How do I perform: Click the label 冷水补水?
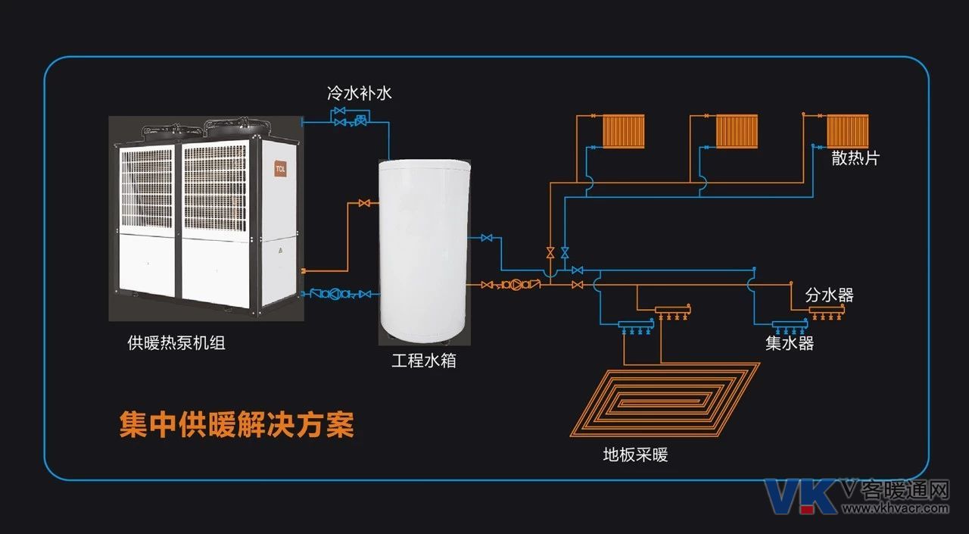[x=359, y=93]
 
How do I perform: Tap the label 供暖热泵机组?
[x=176, y=342]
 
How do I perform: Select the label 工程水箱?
[x=424, y=361]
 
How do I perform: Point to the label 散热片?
[x=855, y=158]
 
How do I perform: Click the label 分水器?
[x=829, y=295]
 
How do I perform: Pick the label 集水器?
[x=790, y=343]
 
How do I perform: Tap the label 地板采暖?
[x=635, y=454]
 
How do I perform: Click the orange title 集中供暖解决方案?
[x=237, y=424]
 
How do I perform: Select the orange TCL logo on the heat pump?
[x=280, y=169]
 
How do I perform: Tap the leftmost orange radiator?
[x=623, y=132]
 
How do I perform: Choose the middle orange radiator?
[x=737, y=132]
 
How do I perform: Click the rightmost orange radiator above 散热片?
[x=848, y=131]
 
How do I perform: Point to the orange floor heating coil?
[x=665, y=399]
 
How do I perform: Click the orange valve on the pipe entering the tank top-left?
[x=364, y=203]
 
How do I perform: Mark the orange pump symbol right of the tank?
[x=516, y=285]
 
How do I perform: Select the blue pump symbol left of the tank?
[x=334, y=294]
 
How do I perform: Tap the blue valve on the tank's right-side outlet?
[x=487, y=238]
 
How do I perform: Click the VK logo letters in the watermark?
[x=800, y=496]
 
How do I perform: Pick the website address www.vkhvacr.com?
[x=896, y=508]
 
